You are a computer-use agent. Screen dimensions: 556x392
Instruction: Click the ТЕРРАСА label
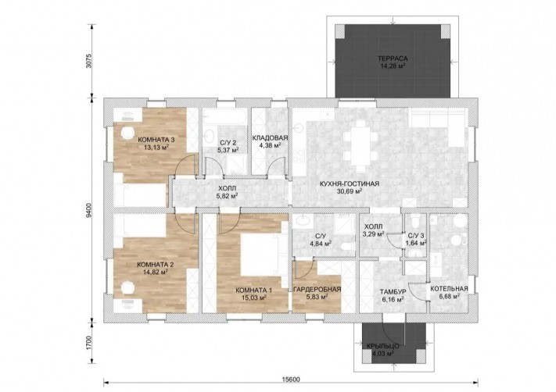(x=393, y=59)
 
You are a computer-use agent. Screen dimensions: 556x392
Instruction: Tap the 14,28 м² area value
(x=393, y=66)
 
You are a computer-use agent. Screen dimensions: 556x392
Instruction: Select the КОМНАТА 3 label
(x=156, y=140)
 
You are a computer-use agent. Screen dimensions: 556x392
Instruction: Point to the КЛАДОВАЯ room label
(x=271, y=137)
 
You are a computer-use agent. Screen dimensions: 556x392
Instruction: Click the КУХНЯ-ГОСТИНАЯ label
(x=350, y=184)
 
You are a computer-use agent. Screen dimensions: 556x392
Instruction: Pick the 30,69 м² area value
(x=350, y=191)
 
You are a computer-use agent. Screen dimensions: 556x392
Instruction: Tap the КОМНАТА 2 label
(x=156, y=265)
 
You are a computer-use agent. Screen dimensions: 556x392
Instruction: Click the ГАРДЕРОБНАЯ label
(x=317, y=289)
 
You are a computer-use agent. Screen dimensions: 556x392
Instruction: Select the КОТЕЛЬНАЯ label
(x=449, y=289)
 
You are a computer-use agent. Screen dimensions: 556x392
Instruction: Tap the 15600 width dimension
(x=291, y=380)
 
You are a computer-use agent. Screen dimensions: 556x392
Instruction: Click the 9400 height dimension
(x=89, y=211)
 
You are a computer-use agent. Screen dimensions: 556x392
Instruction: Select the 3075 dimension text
(x=89, y=61)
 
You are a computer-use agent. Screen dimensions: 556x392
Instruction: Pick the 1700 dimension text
(x=89, y=343)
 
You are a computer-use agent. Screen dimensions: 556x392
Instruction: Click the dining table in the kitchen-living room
(x=361, y=145)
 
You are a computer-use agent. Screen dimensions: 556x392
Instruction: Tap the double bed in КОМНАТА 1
(x=264, y=255)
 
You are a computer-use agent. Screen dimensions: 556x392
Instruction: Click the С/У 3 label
(x=415, y=236)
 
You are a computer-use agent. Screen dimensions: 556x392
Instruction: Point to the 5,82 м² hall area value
(x=227, y=195)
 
